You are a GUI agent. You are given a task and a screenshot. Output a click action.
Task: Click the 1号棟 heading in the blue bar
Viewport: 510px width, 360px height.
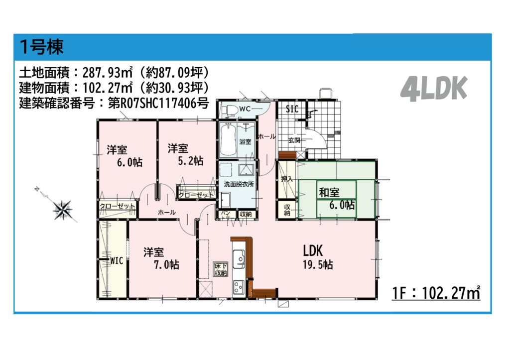click(x=41, y=47)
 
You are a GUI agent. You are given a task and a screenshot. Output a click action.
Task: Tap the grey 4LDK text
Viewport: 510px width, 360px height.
click(x=434, y=89)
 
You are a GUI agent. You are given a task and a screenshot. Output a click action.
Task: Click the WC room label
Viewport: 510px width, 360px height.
click(x=245, y=109)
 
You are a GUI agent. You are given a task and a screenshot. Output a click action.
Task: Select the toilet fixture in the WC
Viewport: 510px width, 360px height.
click(x=231, y=110)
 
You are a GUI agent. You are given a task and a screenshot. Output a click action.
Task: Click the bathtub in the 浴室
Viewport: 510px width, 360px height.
click(x=228, y=140)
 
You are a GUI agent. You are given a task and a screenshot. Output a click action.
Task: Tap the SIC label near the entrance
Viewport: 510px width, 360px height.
click(x=292, y=109)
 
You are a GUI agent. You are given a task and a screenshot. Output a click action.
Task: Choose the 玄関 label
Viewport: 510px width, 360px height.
click(x=294, y=140)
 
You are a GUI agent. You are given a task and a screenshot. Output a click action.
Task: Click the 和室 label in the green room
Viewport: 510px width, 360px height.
click(x=329, y=192)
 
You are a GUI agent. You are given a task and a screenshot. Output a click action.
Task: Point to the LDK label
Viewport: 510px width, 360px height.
click(x=313, y=251)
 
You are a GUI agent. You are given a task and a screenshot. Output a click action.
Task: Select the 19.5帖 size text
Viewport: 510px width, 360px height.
click(x=318, y=265)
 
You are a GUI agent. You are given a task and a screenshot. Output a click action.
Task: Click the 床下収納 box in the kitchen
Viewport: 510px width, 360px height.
click(x=221, y=269)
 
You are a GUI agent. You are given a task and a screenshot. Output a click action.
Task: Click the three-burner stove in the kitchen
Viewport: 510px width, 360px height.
click(x=239, y=287)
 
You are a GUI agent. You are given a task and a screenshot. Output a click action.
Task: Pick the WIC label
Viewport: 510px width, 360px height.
click(x=117, y=260)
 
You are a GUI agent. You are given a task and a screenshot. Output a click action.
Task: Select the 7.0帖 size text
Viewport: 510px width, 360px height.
click(x=166, y=265)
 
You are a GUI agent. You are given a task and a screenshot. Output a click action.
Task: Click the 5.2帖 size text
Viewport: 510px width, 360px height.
click(x=191, y=161)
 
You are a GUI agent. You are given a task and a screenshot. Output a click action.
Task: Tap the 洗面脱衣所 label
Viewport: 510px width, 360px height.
click(x=239, y=184)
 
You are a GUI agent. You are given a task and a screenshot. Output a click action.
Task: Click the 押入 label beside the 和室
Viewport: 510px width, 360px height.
click(x=287, y=179)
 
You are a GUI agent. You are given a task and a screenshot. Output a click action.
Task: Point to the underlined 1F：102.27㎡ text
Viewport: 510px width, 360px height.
click(x=436, y=293)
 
